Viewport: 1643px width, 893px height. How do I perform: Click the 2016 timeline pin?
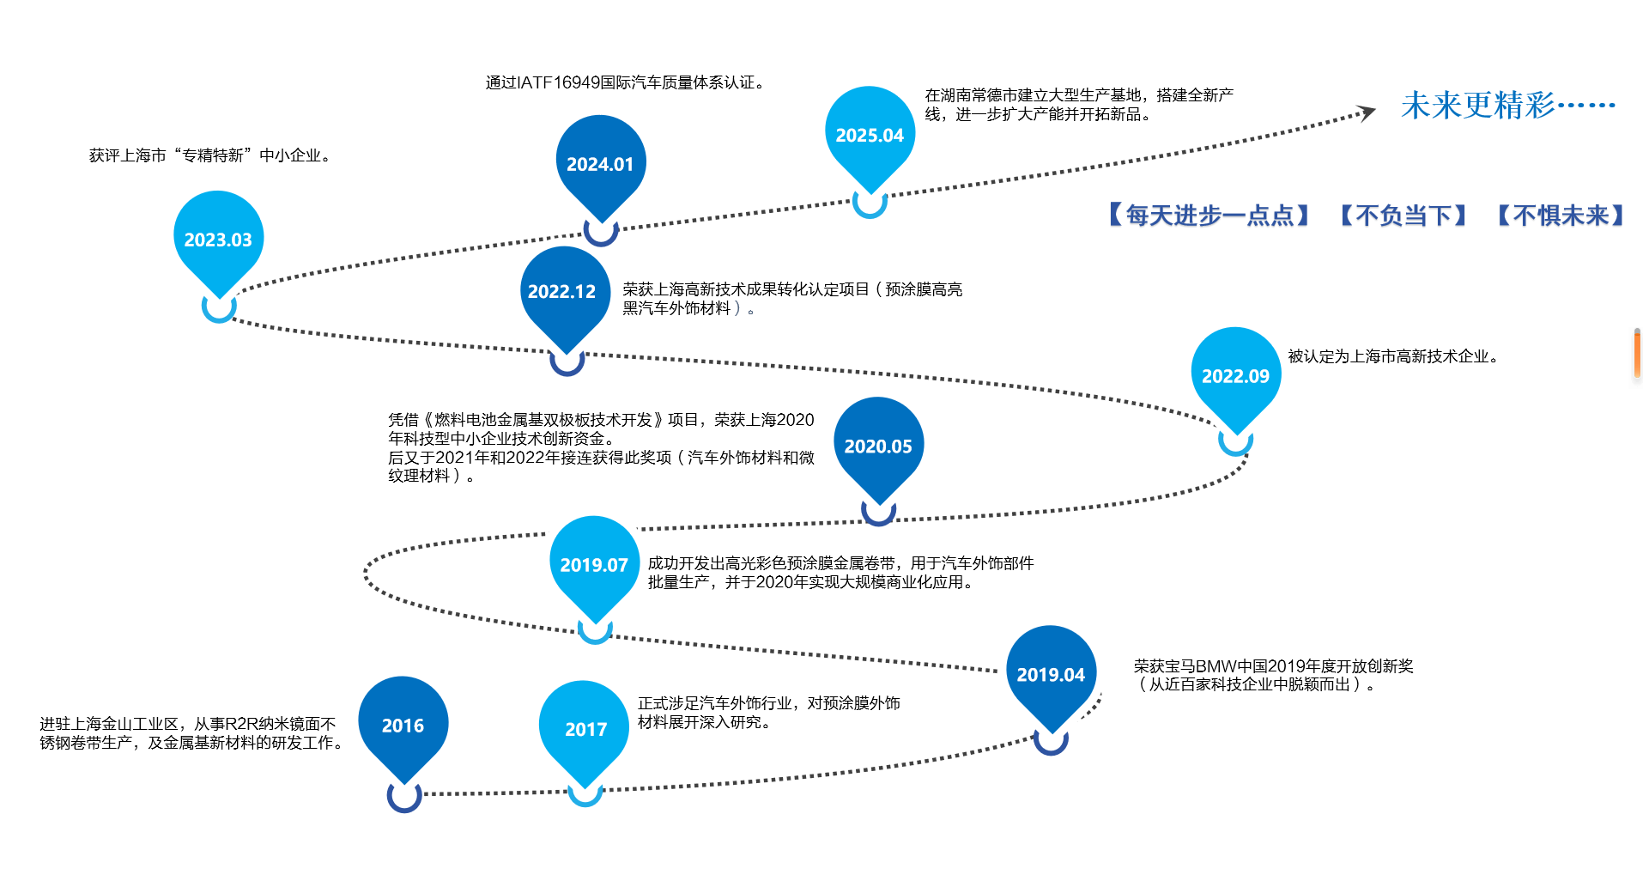pyautogui.click(x=403, y=726)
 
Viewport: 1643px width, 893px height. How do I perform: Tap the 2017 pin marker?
pyautogui.click(x=585, y=729)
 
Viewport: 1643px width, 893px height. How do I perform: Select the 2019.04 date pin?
pyautogui.click(x=1051, y=675)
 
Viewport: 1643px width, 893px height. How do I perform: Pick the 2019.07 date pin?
pyautogui.click(x=594, y=565)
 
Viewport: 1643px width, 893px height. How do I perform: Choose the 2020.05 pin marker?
pyautogui.click(x=878, y=446)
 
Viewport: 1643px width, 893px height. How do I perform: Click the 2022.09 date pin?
pyautogui.click(x=1235, y=376)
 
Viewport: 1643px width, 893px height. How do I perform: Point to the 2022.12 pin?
pyautogui.click(x=562, y=292)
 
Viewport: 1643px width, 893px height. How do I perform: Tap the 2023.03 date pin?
pyautogui.click(x=218, y=240)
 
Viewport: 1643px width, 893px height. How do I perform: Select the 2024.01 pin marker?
pyautogui.click(x=600, y=164)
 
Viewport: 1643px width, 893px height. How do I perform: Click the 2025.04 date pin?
pyautogui.click(x=870, y=136)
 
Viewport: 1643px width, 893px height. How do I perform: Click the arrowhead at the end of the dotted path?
pyautogui.click(x=1366, y=113)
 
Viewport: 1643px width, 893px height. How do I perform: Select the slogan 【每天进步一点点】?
pyautogui.click(x=1209, y=216)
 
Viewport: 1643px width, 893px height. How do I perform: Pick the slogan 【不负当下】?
pyautogui.click(x=1404, y=216)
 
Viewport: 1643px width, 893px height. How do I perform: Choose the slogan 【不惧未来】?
pyautogui.click(x=1561, y=216)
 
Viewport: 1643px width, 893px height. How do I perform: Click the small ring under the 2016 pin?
pyautogui.click(x=404, y=796)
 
